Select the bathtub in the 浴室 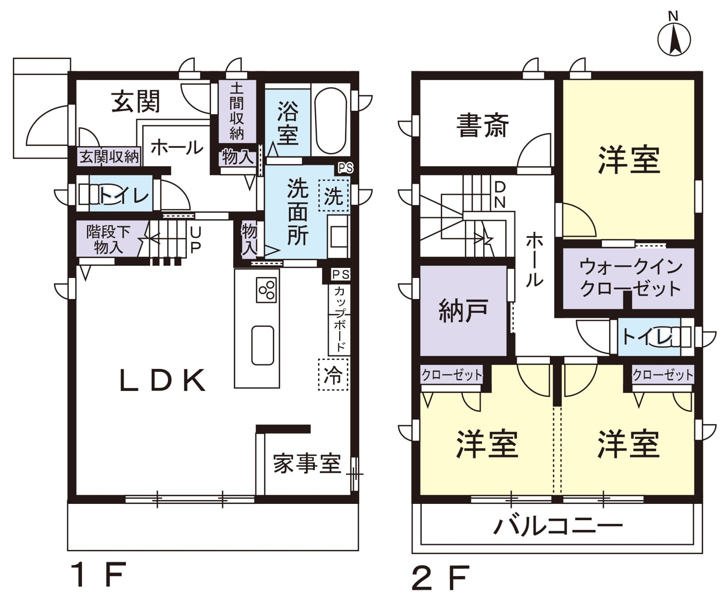point(330,121)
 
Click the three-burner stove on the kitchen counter point(267,290)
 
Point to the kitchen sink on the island point(263,345)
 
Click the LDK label point(163,381)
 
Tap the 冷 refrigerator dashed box point(333,375)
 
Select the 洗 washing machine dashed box point(333,195)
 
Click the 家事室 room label point(307,463)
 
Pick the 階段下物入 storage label point(108,239)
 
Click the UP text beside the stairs point(195,239)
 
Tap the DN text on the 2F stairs point(500,195)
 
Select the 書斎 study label point(482,125)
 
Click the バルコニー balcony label point(558,527)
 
